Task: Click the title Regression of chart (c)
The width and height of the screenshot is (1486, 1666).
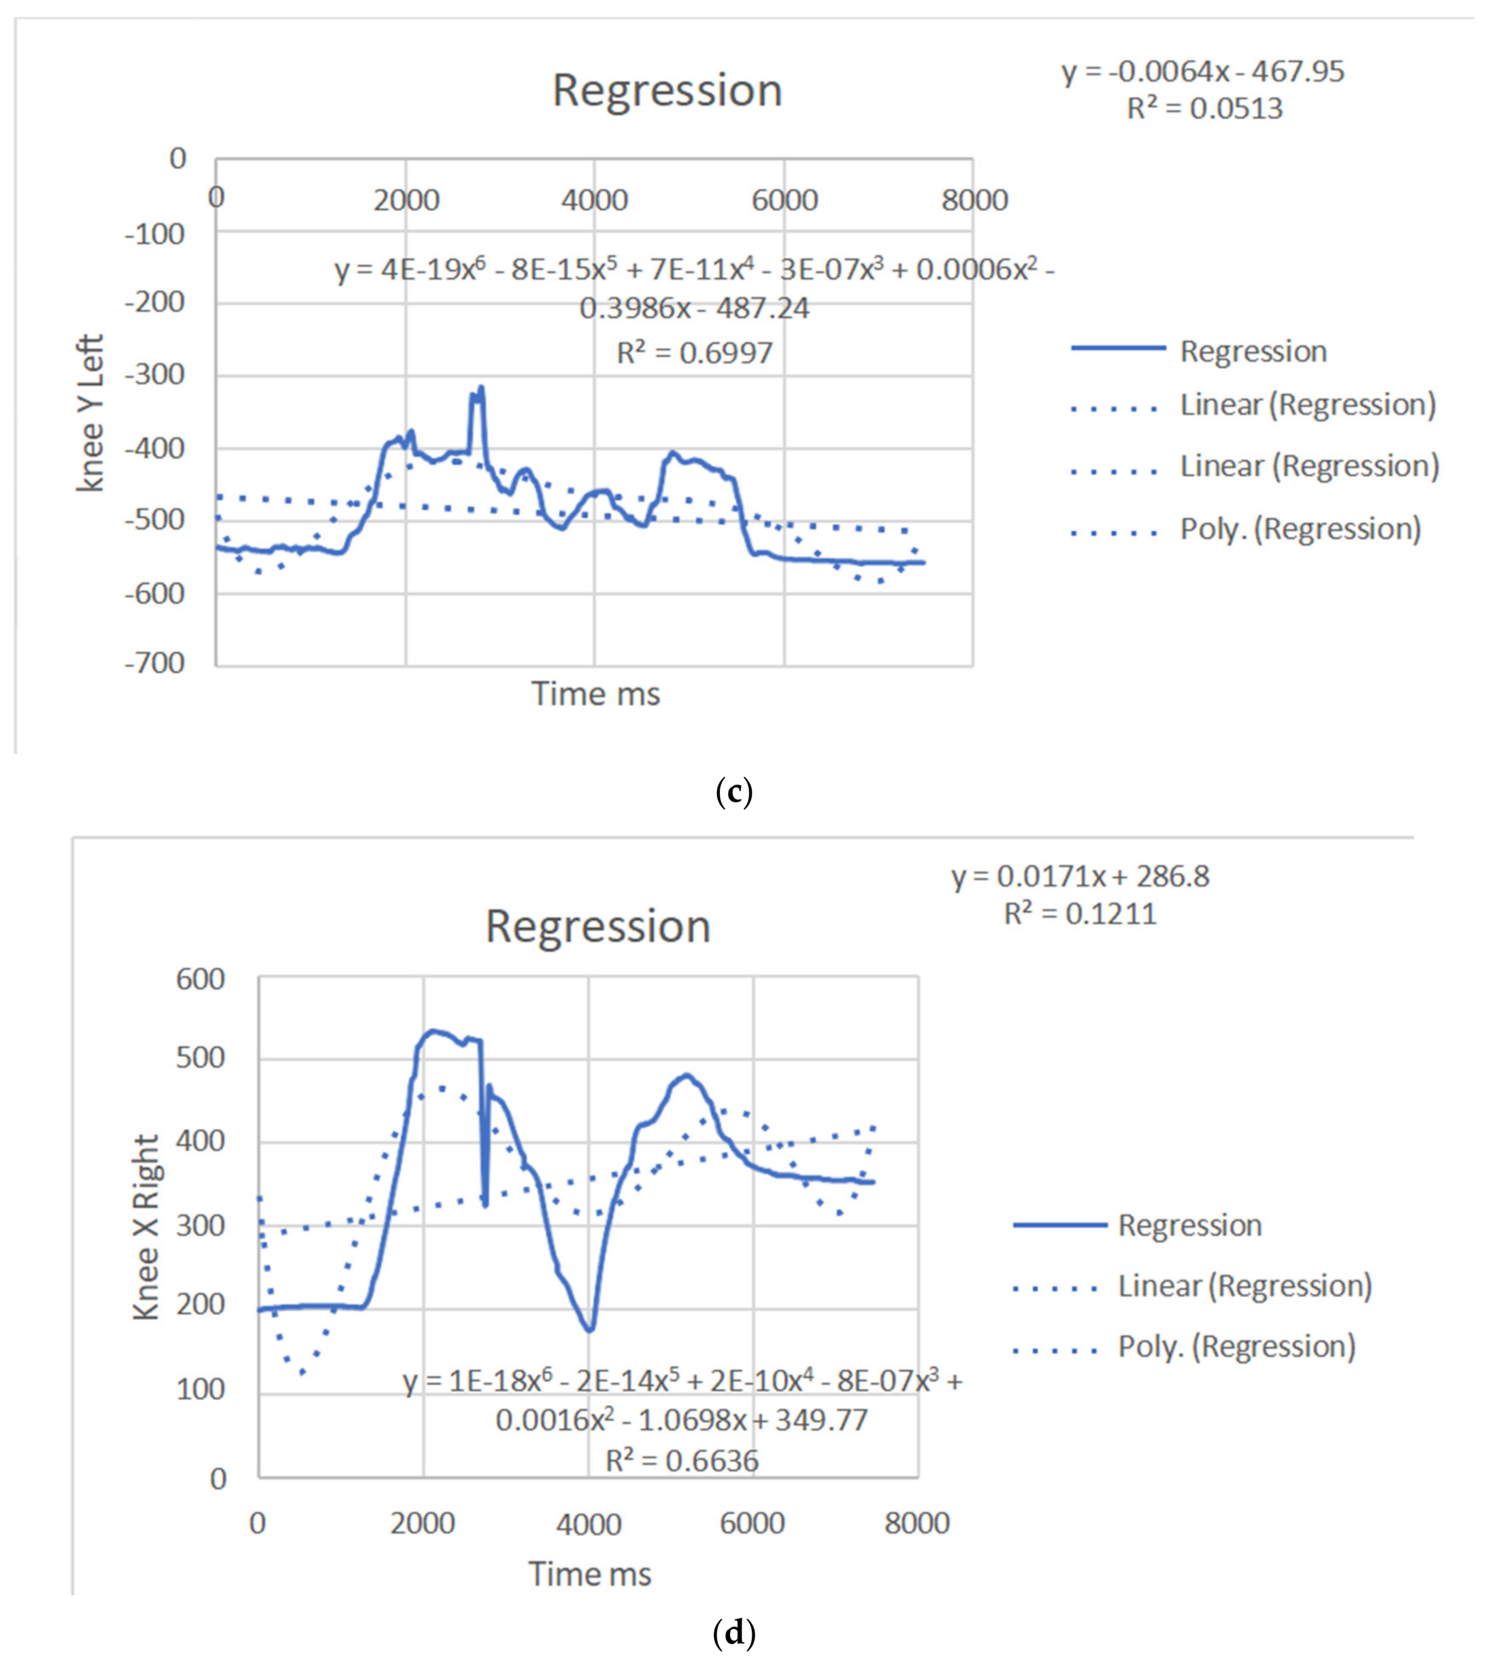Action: point(667,90)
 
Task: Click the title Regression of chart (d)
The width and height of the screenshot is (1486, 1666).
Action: point(597,927)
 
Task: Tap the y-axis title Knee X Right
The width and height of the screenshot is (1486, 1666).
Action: point(146,1227)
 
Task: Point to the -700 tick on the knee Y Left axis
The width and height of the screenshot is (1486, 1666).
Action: point(155,663)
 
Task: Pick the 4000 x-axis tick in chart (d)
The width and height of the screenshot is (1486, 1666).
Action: point(588,1524)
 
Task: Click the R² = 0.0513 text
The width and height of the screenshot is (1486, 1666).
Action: point(1205,109)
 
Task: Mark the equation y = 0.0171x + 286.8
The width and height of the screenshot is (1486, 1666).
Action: point(1080,876)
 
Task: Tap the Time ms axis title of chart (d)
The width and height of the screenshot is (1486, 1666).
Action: point(590,1574)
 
